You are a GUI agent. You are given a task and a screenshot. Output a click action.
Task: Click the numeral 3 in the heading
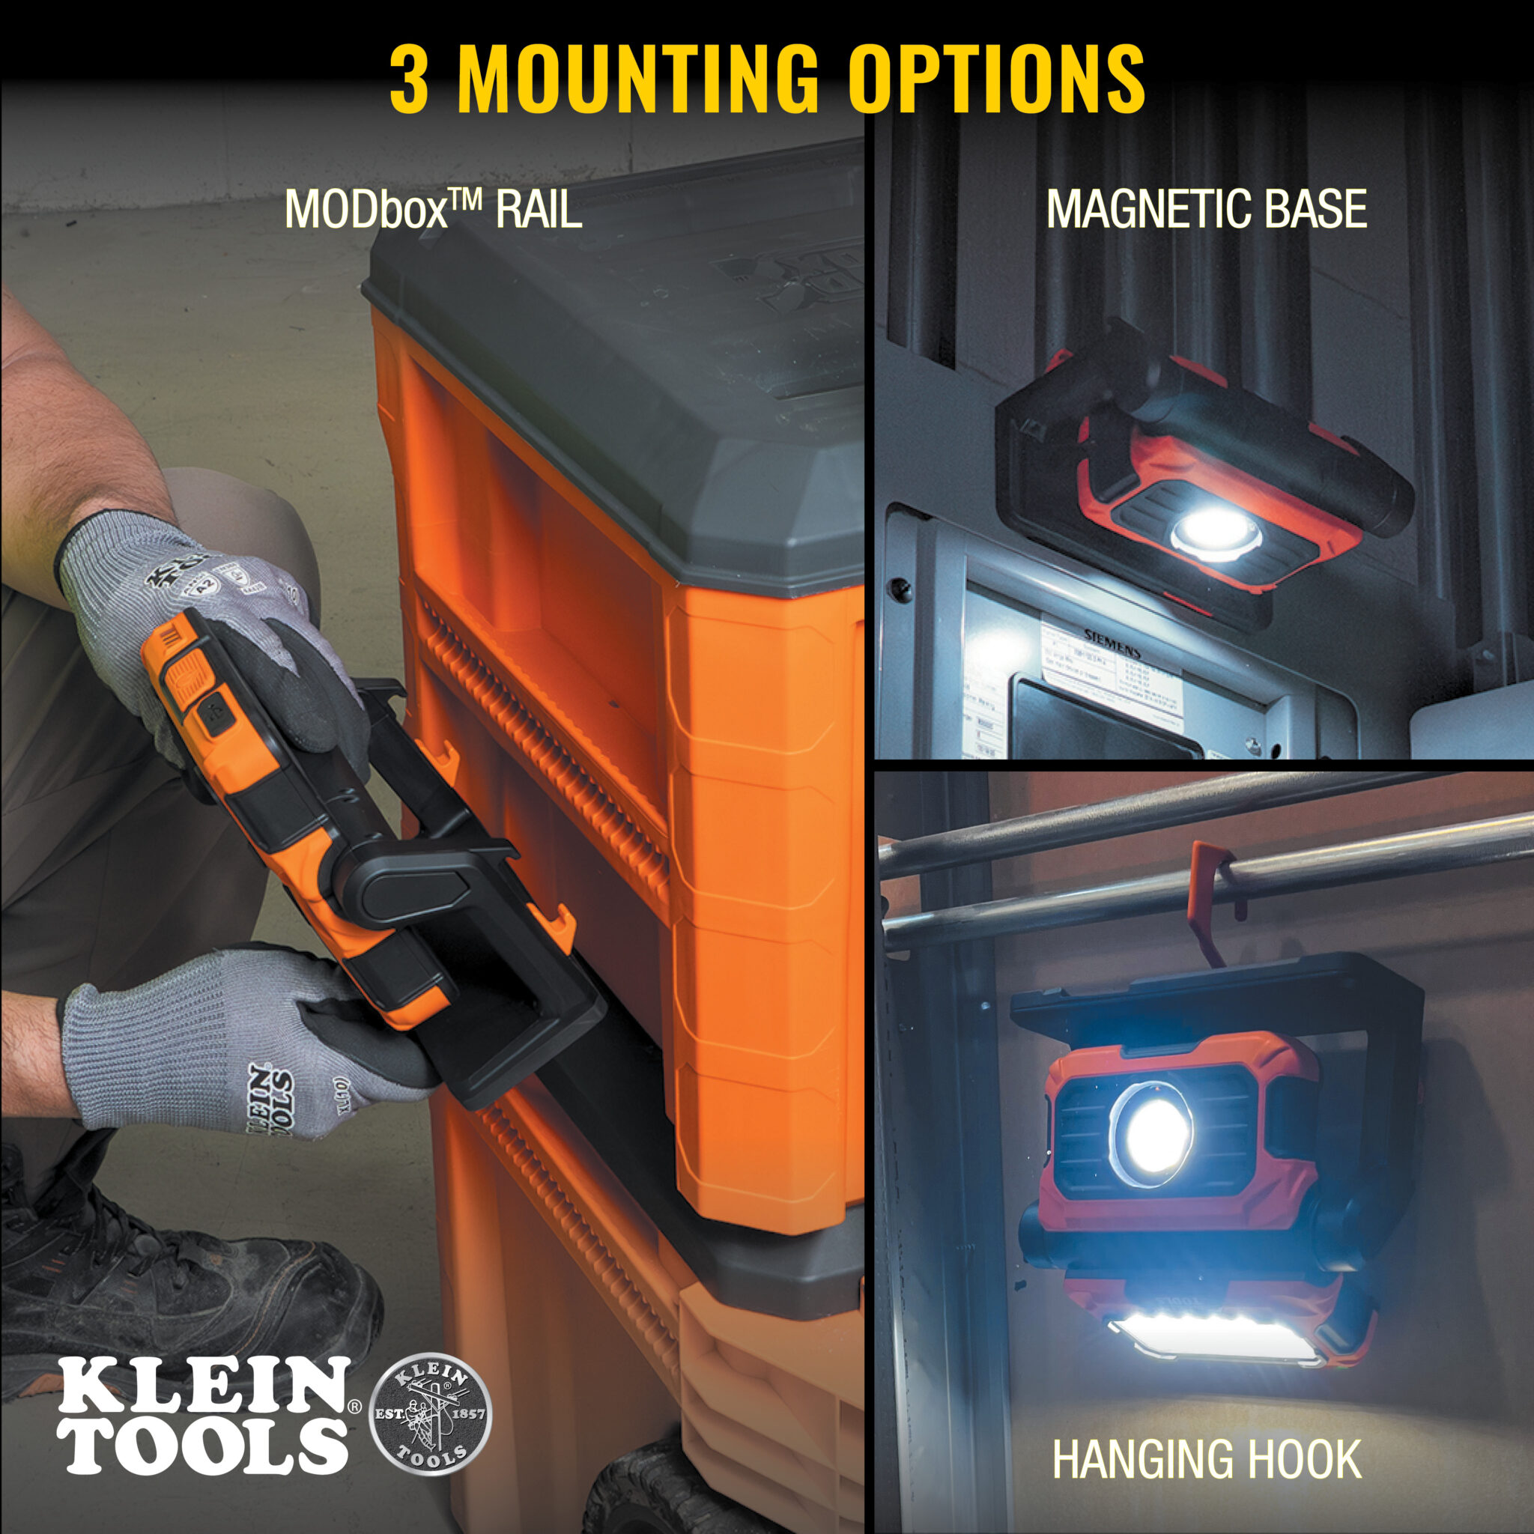[x=409, y=81]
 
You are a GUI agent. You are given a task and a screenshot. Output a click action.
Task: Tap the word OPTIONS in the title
[x=995, y=81]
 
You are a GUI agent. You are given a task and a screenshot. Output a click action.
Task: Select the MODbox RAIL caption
[x=433, y=210]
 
